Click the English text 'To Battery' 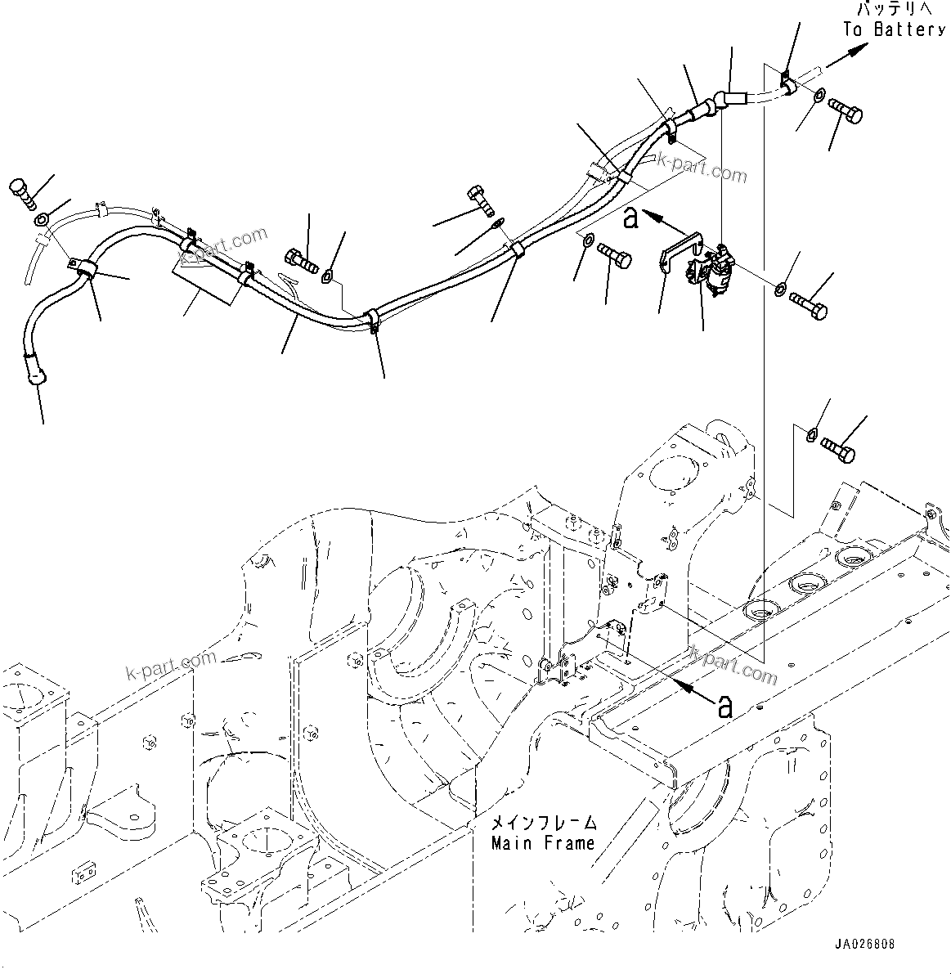[x=894, y=30]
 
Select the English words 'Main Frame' [x=543, y=843]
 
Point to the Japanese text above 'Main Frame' [x=544, y=824]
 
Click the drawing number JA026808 [x=864, y=944]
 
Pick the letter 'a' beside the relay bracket [x=630, y=218]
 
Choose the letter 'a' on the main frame [x=724, y=706]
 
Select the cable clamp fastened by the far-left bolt [x=83, y=267]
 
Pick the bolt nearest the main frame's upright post [x=837, y=448]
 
